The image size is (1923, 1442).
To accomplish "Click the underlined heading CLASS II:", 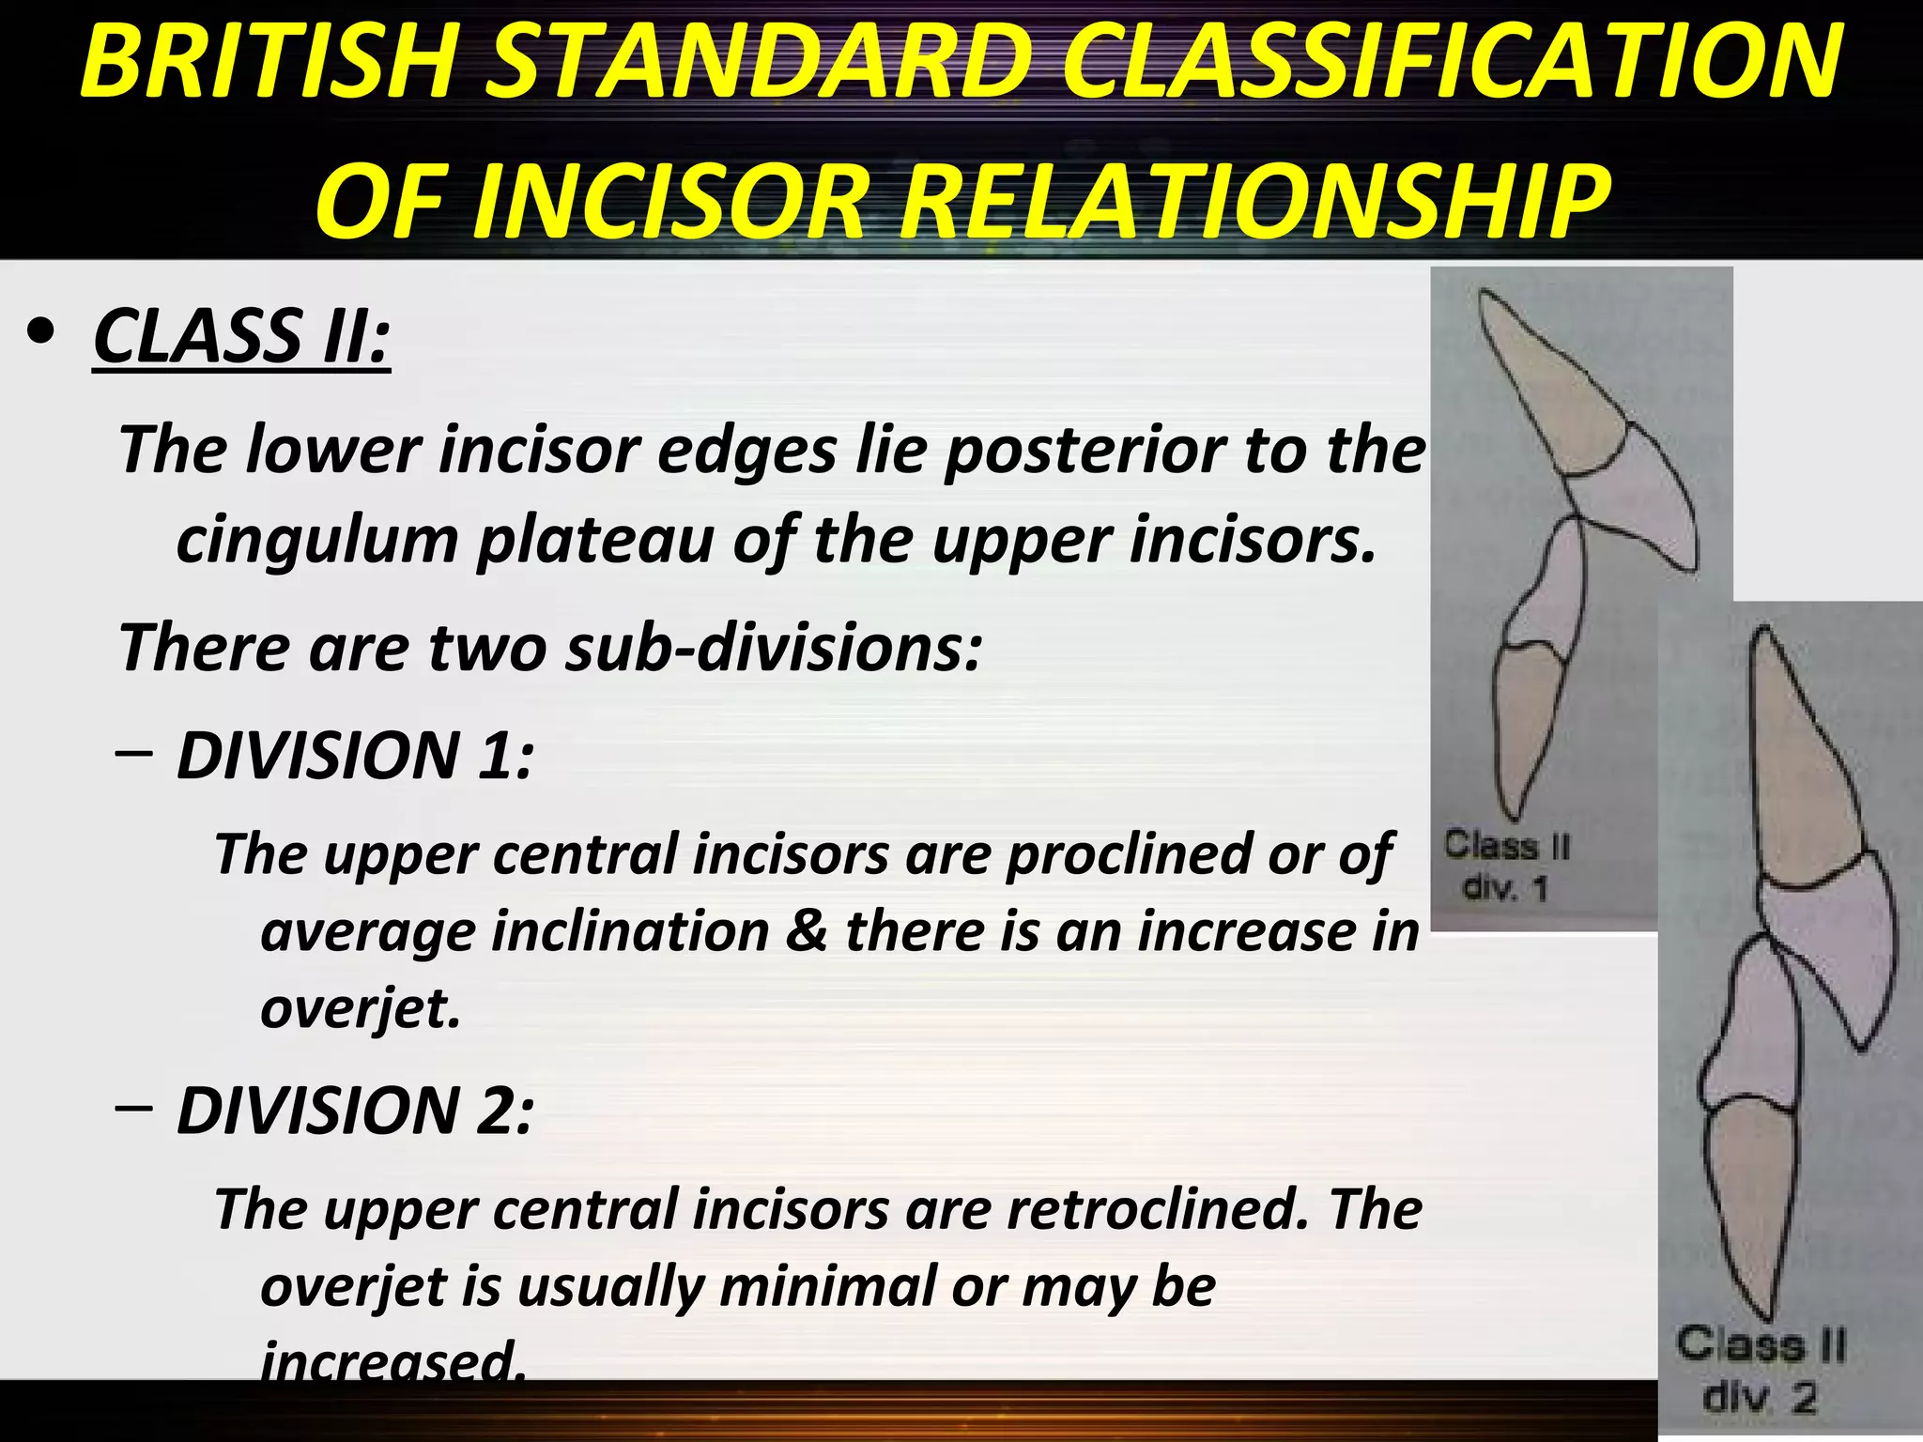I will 241,336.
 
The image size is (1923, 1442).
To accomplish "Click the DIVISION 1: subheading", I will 355,756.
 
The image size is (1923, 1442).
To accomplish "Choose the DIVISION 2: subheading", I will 355,1111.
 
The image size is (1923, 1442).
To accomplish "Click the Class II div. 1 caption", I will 1505,866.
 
